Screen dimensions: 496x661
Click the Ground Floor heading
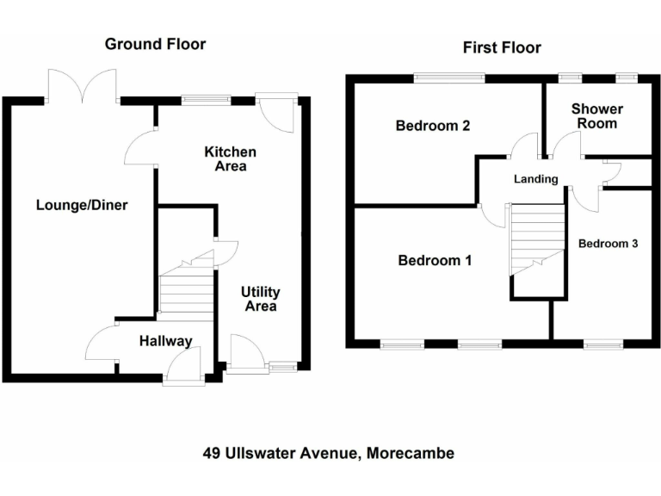tap(155, 44)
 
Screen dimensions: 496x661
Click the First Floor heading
tap(502, 47)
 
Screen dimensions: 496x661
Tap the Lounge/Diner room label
tap(82, 205)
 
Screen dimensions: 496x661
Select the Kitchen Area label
tap(230, 158)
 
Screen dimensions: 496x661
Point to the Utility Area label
tap(260, 300)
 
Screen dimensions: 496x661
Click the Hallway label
tap(165, 342)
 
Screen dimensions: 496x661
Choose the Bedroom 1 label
tap(434, 260)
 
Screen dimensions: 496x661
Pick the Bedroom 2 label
tap(432, 126)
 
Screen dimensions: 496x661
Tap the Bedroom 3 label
tap(608, 244)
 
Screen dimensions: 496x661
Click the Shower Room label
tap(596, 116)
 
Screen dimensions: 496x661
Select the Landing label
tap(535, 179)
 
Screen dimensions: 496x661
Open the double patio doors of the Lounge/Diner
tap(83, 87)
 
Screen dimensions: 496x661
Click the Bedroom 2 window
tap(448, 79)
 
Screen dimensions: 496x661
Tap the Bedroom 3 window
tap(602, 344)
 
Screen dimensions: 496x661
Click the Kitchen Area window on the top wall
tap(207, 100)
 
